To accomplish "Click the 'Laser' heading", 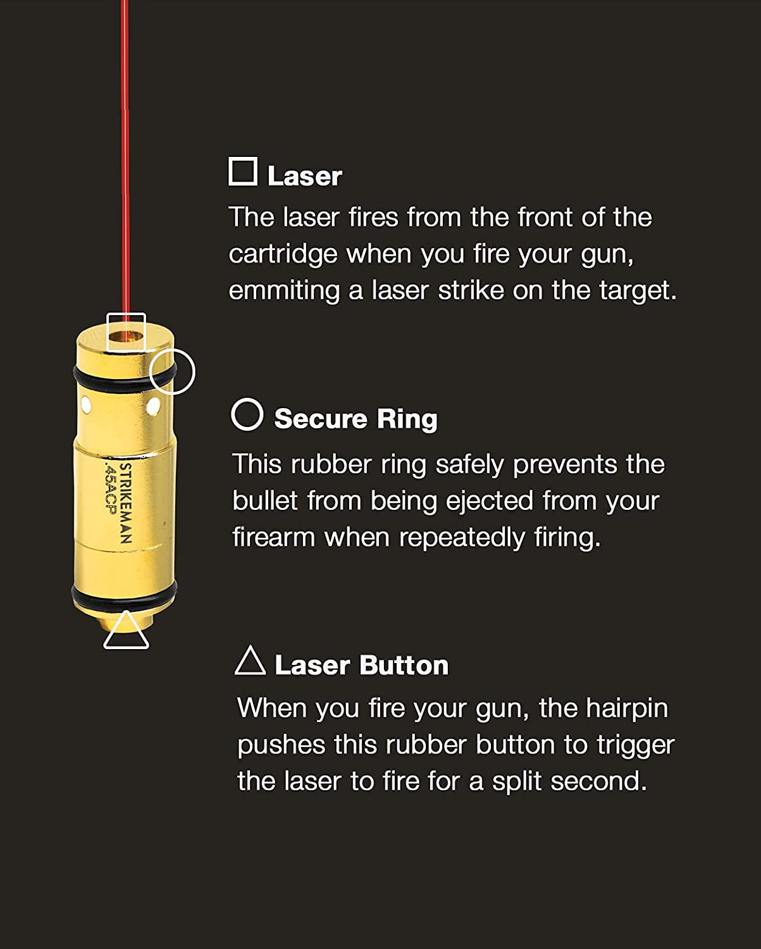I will coord(304,176).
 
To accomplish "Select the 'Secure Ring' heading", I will coord(356,419).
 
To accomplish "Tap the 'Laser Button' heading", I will coord(361,665).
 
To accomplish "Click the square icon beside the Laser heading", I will coord(243,171).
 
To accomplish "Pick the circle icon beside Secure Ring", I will coord(247,415).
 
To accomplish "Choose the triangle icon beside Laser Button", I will coord(250,661).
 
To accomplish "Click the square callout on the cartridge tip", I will coord(126,332).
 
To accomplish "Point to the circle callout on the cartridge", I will coord(173,371).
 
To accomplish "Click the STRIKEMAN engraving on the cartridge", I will coord(126,504).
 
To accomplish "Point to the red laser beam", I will coord(125,158).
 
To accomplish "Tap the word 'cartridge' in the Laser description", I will coord(283,254).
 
